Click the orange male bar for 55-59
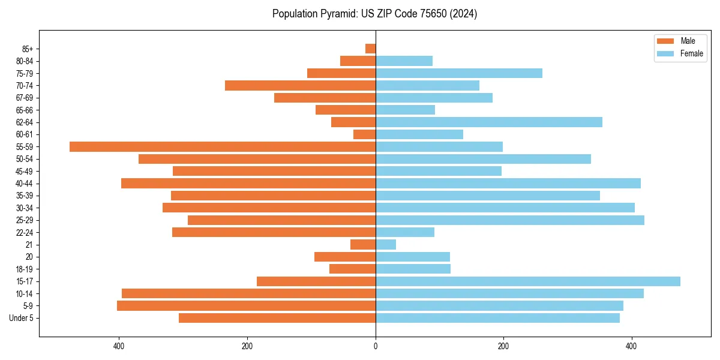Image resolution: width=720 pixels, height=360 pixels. [x=222, y=146]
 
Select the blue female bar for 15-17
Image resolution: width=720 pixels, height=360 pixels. [x=527, y=281]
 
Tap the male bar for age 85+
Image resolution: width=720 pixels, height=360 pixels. [x=370, y=49]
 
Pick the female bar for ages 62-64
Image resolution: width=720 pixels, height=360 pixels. [x=488, y=122]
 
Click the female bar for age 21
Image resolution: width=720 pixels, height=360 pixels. [x=386, y=244]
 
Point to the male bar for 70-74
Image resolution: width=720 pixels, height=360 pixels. [x=300, y=85]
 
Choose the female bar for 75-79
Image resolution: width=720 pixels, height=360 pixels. [x=458, y=73]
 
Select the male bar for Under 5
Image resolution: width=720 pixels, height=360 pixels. [x=277, y=318]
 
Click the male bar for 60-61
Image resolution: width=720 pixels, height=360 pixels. [x=364, y=134]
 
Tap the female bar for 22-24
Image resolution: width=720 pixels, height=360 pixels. [x=404, y=232]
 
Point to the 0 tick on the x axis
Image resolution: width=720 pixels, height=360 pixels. [x=376, y=346]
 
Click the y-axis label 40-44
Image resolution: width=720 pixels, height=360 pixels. [x=24, y=184]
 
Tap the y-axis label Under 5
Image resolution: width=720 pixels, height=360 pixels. [x=22, y=318]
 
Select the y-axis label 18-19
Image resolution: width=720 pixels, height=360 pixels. [x=24, y=269]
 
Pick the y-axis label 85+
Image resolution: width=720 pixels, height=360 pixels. [x=27, y=49]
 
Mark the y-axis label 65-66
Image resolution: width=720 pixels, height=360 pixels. [x=24, y=110]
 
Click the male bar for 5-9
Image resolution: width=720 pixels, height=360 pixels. [x=246, y=306]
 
